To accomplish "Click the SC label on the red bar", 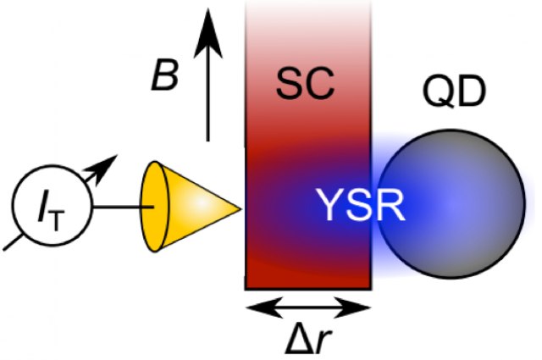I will point(307,83).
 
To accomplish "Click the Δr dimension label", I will point(307,341).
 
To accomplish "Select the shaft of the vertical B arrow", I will point(207,93).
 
